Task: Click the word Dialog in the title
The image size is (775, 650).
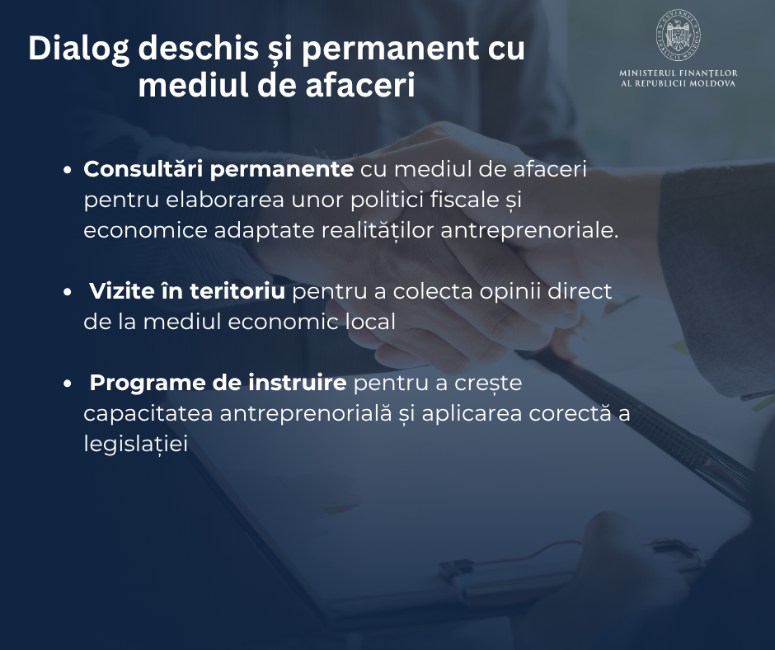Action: [78, 49]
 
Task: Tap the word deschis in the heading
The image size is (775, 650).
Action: [198, 48]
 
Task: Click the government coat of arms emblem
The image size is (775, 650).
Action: [678, 35]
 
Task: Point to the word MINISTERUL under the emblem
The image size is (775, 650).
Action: [647, 73]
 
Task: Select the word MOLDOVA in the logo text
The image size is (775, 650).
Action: [712, 83]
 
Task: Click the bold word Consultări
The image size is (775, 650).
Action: [143, 169]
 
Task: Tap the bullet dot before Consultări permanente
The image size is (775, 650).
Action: [68, 170]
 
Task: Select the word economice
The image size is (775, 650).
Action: [145, 231]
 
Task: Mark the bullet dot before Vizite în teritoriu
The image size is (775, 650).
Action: [68, 292]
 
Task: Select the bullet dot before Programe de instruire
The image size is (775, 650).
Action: [68, 384]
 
